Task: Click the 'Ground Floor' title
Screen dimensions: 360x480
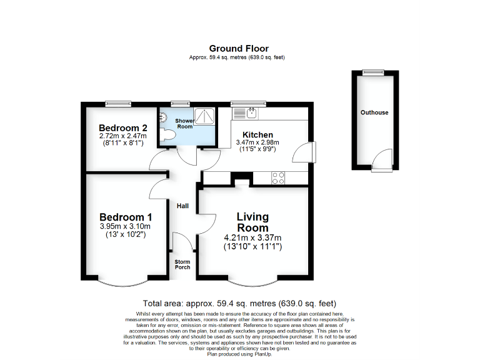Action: coord(239,49)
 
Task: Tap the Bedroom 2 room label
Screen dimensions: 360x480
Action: coord(122,128)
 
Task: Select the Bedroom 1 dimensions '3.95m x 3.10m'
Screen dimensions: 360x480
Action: coord(125,226)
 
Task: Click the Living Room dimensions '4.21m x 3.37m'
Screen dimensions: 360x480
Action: coord(252,238)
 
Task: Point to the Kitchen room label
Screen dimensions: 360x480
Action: coord(257,135)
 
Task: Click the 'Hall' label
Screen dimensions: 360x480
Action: coord(182,206)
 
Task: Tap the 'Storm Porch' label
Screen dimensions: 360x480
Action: coord(182,264)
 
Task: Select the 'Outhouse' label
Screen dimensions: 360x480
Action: coord(374,112)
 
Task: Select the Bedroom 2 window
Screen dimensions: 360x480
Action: coord(117,103)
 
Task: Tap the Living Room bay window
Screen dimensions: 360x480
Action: coord(252,280)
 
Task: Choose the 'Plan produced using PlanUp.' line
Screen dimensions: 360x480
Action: coord(239,354)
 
